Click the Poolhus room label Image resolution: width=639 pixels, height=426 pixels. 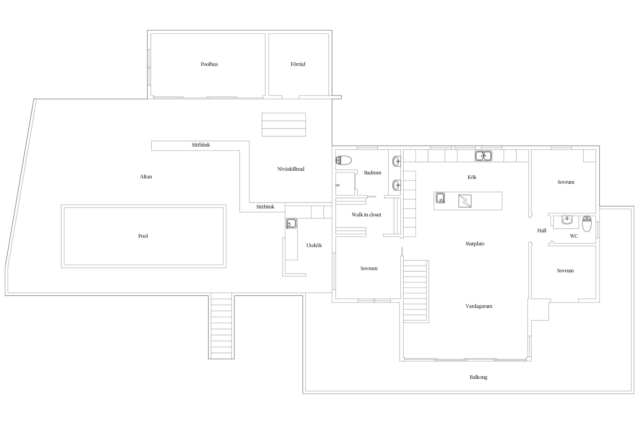click(x=209, y=64)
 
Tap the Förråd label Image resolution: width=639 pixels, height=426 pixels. click(x=298, y=64)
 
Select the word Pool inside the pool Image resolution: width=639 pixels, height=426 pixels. click(x=143, y=236)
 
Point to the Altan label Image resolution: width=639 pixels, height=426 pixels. click(x=146, y=177)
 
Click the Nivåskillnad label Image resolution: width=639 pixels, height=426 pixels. click(x=291, y=169)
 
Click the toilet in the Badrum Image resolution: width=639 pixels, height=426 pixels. click(x=344, y=160)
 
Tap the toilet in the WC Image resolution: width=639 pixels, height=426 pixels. click(x=586, y=224)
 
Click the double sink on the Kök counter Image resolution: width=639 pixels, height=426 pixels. click(x=483, y=156)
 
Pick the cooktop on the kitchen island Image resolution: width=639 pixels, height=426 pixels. click(x=465, y=201)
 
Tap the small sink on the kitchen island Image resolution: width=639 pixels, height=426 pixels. click(x=440, y=198)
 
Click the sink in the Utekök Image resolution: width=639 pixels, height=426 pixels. click(x=291, y=224)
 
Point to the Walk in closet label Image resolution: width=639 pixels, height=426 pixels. click(x=366, y=215)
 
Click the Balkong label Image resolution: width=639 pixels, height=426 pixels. click(x=479, y=377)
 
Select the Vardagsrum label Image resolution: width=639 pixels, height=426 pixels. click(x=479, y=306)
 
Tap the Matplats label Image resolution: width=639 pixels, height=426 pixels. click(x=475, y=244)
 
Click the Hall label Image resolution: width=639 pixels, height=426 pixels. click(x=542, y=231)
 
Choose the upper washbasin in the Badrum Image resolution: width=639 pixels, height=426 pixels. click(x=397, y=161)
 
